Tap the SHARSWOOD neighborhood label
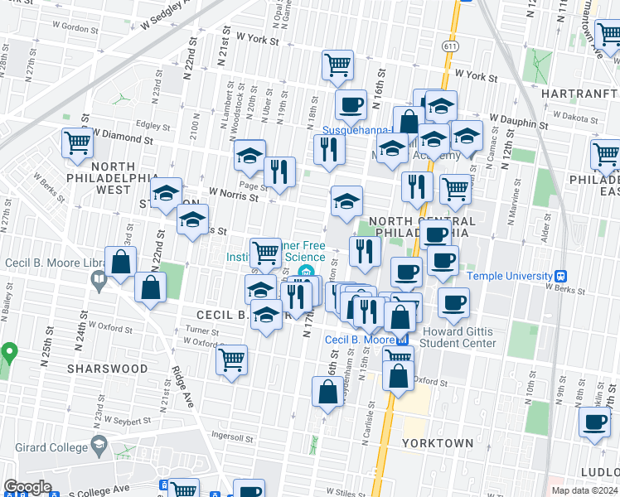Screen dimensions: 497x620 tap(107, 369)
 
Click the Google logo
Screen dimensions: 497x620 tap(27, 487)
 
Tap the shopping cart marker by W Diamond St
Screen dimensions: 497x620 tap(77, 142)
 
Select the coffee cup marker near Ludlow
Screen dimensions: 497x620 tap(594, 422)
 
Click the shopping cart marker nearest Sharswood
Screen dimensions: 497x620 tap(231, 359)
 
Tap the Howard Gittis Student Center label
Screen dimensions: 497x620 tap(459, 337)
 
